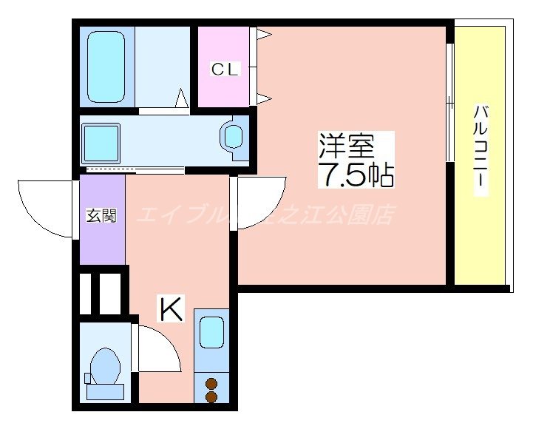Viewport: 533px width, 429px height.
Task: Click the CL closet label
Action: coord(225,70)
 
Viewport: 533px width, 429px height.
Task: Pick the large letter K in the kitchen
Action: coord(171,310)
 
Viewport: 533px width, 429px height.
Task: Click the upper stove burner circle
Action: coord(212,383)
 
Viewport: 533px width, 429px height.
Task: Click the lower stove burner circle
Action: coord(212,397)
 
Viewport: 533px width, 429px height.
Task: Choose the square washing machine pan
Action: coord(101,142)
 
